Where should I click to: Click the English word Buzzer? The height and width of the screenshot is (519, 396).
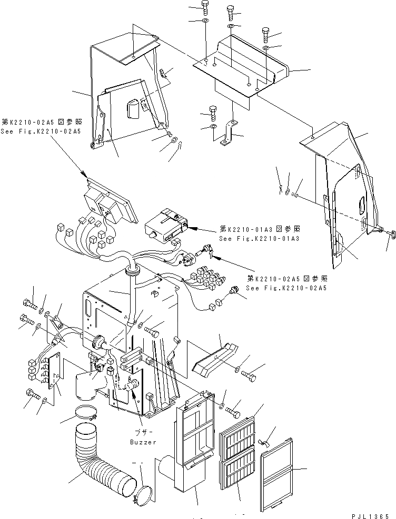click(143, 442)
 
